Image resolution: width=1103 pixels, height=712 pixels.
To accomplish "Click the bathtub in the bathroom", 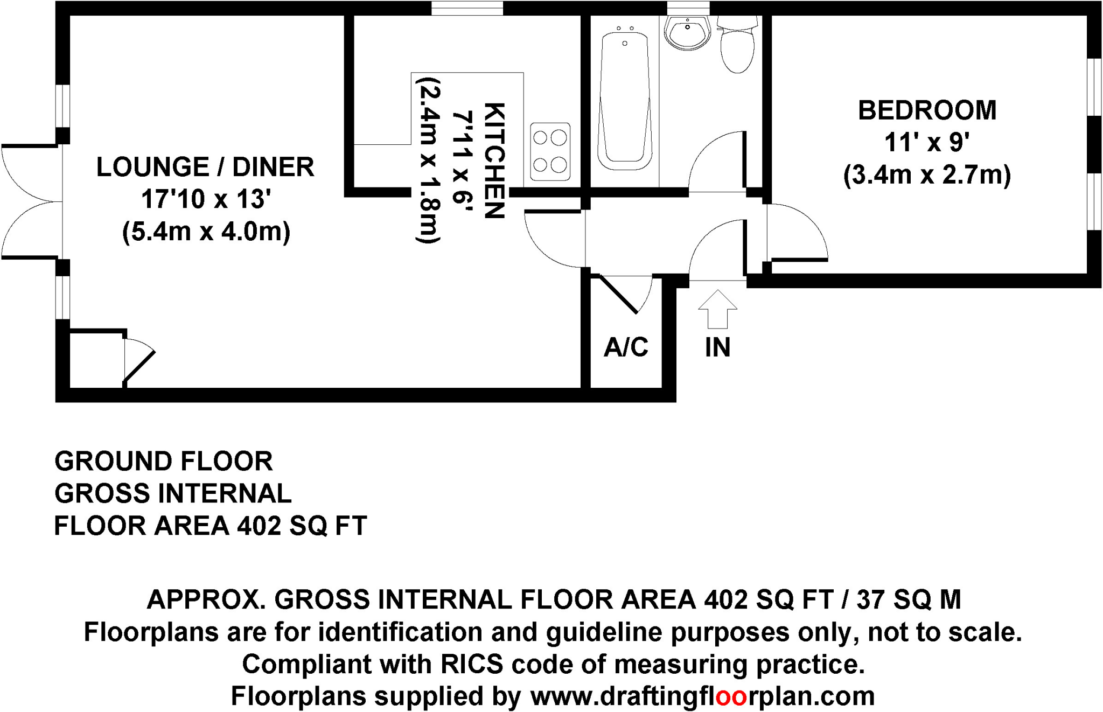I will pos(625,100).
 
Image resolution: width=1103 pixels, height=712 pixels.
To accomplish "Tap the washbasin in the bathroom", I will pos(687,32).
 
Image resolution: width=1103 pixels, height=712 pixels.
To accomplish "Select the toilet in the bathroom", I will pos(737,46).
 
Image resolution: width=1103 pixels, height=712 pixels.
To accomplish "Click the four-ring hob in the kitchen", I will pos(550,151).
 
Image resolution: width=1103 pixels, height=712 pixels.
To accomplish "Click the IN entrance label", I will pos(717,347).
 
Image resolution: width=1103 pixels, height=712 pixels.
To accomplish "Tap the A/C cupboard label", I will pos(626,347).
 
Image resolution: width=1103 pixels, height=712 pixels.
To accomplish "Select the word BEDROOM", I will pos(927,110).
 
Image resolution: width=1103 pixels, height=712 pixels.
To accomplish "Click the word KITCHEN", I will pos(494,160).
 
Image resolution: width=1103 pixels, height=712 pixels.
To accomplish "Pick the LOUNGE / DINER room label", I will pos(205,167).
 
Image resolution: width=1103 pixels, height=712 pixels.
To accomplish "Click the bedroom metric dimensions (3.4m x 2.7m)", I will pos(927,175).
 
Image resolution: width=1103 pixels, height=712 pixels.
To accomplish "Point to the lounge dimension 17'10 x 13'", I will pos(205,199).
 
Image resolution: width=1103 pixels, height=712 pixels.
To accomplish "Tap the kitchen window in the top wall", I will pos(467,8).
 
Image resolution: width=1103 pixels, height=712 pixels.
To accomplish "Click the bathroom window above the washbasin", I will pos(688,8).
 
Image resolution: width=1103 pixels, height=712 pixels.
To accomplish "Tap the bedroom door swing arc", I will pos(802,229).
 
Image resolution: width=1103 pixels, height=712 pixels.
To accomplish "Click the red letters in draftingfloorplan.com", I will pos(731,696).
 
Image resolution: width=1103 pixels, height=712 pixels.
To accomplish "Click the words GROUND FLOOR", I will pos(164,462).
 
